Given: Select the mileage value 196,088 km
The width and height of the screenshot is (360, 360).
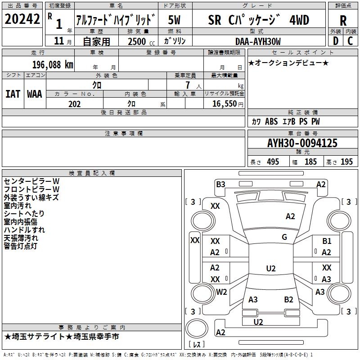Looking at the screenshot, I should click(x=53, y=64).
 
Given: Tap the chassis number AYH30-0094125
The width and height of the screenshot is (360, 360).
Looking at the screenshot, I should click(x=302, y=144).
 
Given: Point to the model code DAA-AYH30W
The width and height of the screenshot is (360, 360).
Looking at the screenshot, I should click(x=257, y=41).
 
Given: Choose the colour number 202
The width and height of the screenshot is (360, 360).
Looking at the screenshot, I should click(x=74, y=104).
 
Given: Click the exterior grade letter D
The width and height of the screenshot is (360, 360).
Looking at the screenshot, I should click(x=335, y=41).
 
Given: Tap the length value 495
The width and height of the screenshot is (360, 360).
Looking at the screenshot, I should click(x=272, y=162).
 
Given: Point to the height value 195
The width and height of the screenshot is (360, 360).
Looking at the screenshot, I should click(x=346, y=162).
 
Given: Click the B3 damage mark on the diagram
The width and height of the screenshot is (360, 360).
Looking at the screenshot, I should click(x=220, y=184).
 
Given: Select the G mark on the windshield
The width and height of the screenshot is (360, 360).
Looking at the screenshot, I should click(x=284, y=237).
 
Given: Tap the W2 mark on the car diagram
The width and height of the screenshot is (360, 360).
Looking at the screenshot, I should click(x=221, y=292).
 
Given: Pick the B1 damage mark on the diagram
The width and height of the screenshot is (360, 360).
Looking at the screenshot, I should click(x=327, y=241).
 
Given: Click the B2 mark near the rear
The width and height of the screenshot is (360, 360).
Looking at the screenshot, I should click(x=288, y=300).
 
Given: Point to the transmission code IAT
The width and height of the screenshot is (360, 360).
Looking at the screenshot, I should click(x=13, y=94).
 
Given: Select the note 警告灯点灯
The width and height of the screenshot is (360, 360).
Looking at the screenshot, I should click(x=21, y=246).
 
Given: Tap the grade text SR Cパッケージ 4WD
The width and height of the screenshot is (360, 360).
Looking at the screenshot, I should click(x=259, y=20).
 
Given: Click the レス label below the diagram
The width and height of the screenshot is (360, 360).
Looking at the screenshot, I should click(x=197, y=345).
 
